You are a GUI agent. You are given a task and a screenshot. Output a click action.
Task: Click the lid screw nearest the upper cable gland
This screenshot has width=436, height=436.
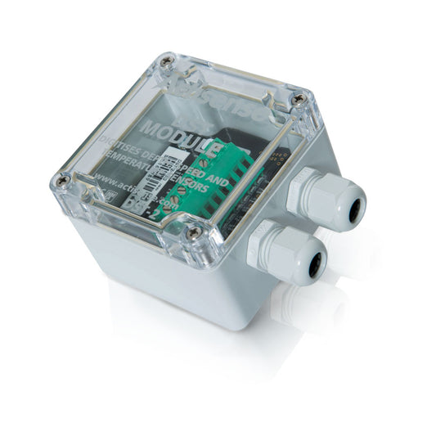coord(299,99)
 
